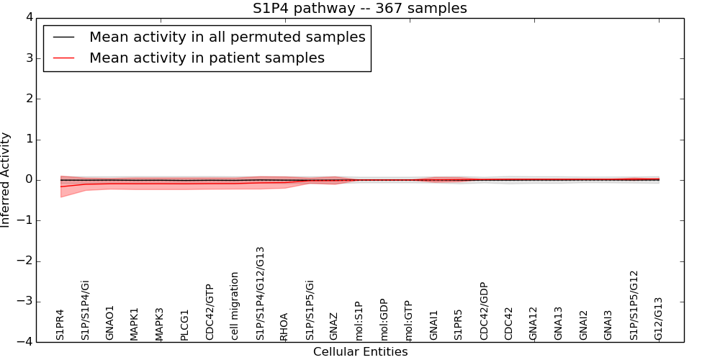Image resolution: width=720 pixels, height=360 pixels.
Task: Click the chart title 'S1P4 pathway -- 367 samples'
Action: click(359, 9)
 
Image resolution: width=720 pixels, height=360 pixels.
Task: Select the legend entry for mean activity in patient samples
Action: click(207, 58)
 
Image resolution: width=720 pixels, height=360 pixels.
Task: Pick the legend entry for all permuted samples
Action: click(227, 37)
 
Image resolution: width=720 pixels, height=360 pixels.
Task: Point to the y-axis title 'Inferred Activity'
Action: click(6, 180)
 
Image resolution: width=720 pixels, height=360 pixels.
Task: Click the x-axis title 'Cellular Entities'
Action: click(360, 352)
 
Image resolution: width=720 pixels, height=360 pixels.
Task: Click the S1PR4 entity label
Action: click(60, 325)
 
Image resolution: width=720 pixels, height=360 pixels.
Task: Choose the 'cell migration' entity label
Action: click(235, 305)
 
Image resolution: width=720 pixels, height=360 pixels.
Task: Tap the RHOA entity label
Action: click(284, 326)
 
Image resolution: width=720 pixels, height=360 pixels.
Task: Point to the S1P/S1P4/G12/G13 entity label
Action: click(261, 293)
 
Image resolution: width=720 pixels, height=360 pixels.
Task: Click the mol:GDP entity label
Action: click(384, 319)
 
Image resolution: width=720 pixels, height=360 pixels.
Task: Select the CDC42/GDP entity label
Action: click(484, 310)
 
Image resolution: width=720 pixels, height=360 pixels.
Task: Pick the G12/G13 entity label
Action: click(658, 318)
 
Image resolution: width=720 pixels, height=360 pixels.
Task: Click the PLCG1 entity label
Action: click(185, 325)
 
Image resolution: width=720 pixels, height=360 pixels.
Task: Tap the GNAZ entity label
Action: click(334, 326)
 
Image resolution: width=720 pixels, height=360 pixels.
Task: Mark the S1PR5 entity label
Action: click(459, 325)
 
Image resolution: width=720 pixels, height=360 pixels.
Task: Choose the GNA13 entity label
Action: click(559, 323)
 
